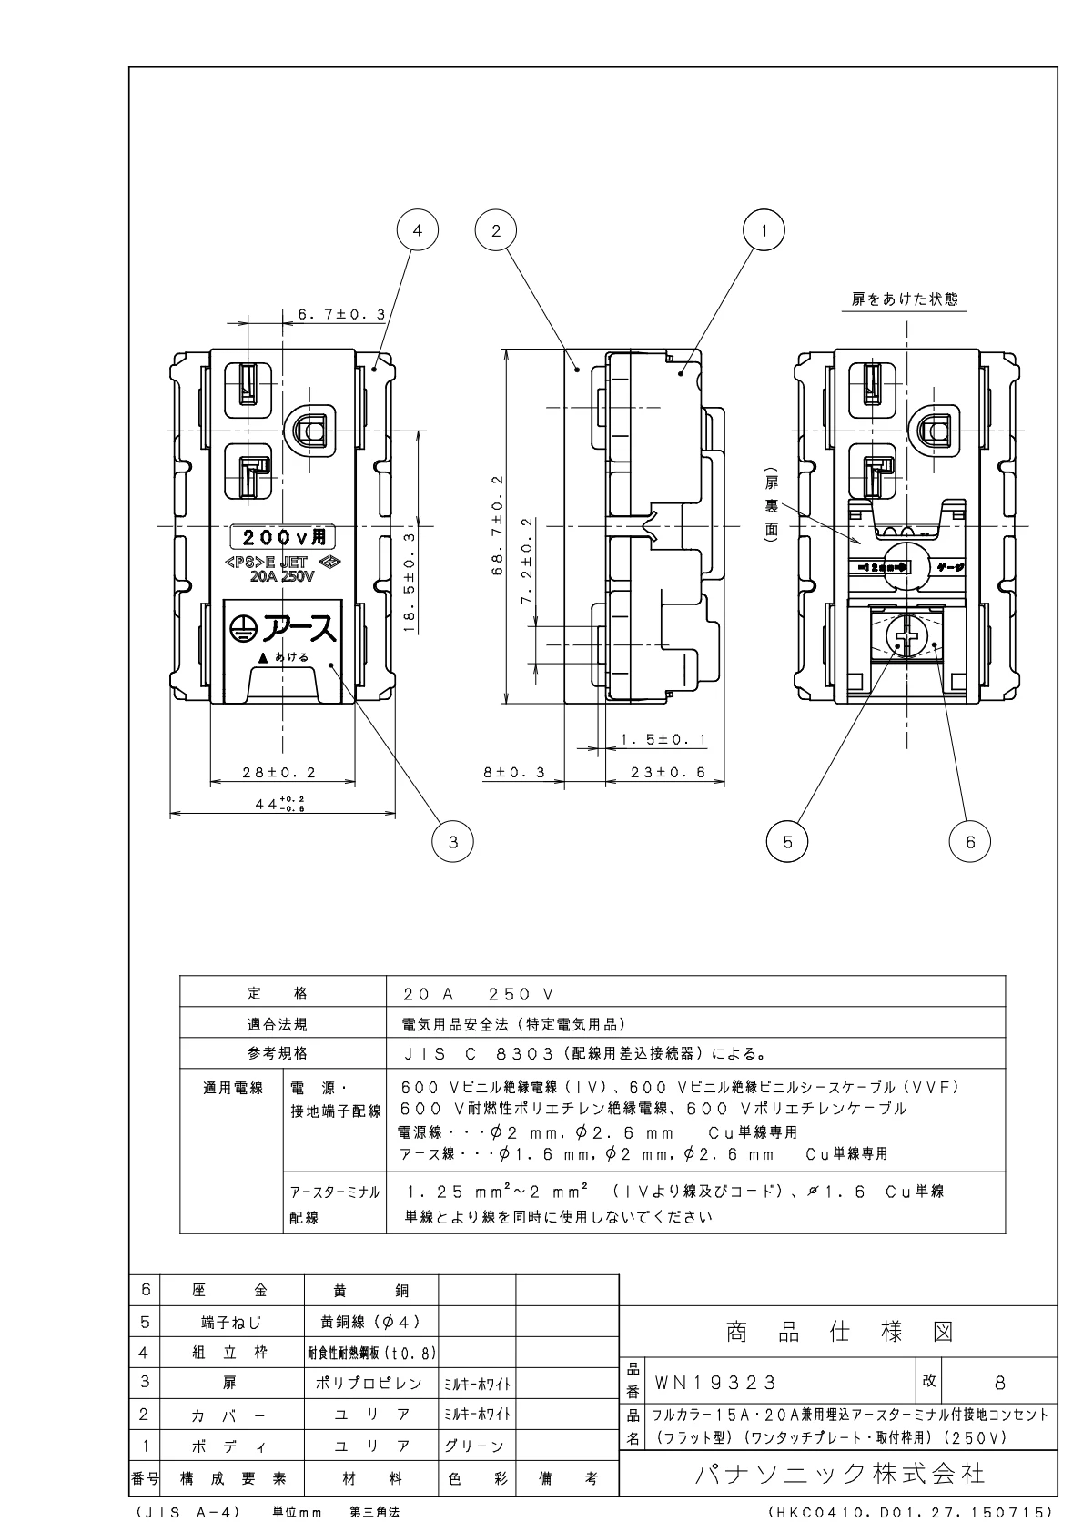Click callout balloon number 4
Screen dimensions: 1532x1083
tap(418, 230)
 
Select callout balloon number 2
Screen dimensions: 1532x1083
tap(496, 230)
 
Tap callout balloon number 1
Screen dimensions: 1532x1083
tap(764, 230)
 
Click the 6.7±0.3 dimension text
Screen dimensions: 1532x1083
tap(341, 314)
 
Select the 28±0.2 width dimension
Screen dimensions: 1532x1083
tap(278, 772)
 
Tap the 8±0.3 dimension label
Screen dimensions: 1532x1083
tap(513, 772)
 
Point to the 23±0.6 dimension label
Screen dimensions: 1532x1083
tap(669, 772)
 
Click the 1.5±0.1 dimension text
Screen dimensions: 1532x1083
tap(663, 739)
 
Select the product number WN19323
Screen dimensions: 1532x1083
tap(715, 1383)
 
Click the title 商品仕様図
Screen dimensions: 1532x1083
tap(839, 1333)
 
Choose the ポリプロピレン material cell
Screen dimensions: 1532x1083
tap(370, 1383)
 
